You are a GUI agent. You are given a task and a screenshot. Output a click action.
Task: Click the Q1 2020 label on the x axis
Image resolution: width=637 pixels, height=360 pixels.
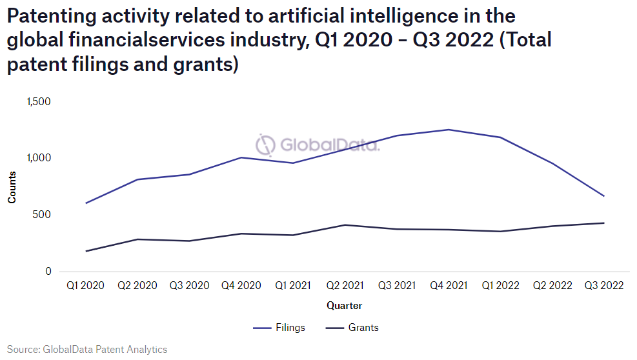85,285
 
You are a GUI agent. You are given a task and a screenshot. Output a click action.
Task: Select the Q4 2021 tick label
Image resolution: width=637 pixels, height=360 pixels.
448,285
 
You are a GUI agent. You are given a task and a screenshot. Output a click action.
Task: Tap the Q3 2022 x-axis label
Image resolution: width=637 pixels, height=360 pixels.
603,285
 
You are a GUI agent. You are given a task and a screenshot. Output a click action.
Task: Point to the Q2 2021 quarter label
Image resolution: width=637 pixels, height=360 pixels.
344,285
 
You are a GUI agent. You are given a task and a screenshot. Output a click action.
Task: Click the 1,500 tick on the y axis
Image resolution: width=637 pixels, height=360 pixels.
39,101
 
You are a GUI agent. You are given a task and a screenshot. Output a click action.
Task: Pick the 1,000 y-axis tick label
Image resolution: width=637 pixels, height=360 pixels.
39,158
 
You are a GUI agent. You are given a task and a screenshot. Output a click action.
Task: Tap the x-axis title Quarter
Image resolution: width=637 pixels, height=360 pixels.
344,306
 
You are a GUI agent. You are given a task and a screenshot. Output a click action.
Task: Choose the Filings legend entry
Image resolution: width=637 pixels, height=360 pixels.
279,328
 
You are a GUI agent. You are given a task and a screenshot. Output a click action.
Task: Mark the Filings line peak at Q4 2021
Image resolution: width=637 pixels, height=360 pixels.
448,130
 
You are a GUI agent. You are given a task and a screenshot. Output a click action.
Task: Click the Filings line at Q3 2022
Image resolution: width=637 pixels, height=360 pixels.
603,195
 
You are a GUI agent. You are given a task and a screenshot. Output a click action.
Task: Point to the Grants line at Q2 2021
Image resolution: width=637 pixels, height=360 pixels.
344,225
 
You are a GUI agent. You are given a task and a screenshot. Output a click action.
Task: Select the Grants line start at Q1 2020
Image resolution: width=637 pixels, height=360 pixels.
85,251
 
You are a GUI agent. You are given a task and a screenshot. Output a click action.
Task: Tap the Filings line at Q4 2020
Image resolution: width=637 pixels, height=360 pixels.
241,157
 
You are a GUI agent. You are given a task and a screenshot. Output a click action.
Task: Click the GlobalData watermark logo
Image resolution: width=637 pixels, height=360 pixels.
318,145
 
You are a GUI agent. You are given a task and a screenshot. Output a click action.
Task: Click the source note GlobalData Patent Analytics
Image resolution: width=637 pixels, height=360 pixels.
87,350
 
